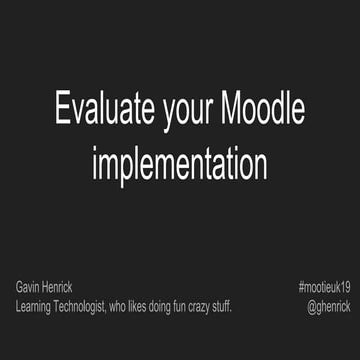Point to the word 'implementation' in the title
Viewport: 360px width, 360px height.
pyautogui.click(x=179, y=162)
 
